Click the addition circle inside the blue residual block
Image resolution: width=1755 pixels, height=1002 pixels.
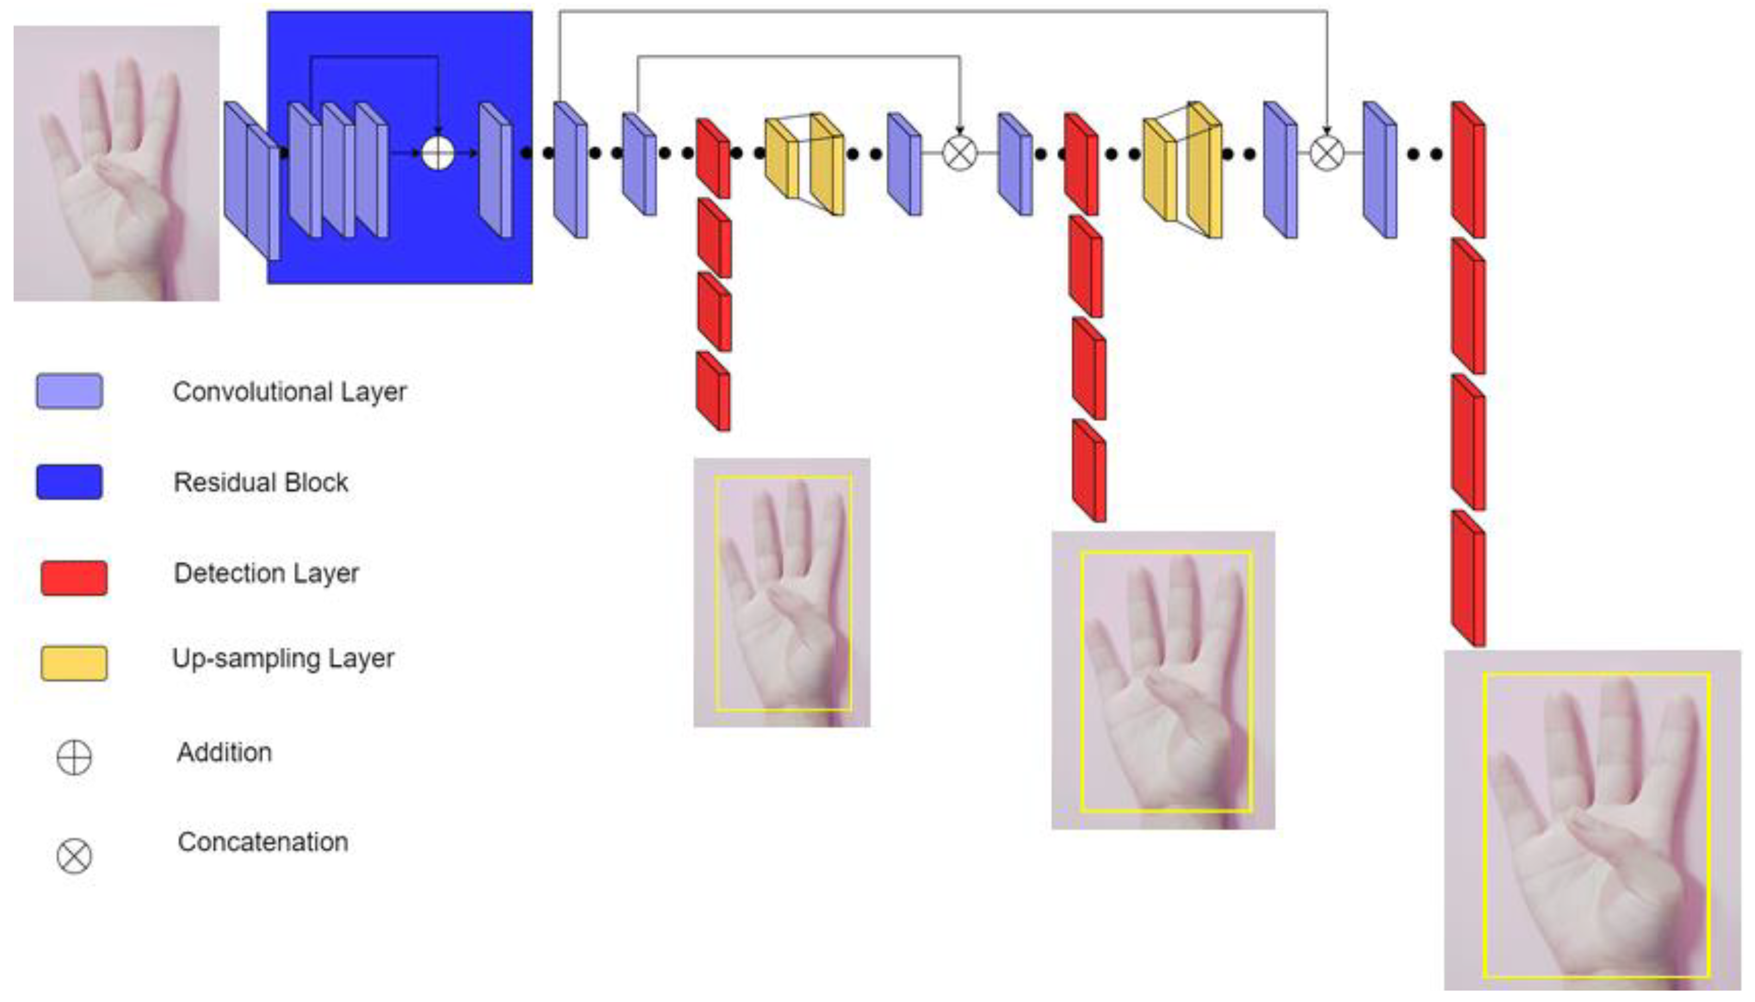click(437, 152)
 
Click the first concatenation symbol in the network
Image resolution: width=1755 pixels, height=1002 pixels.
click(959, 152)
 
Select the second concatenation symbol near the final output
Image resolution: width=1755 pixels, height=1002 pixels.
click(1326, 152)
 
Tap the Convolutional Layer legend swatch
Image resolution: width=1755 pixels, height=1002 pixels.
click(70, 391)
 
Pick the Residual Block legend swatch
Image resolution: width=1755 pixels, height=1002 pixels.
click(70, 482)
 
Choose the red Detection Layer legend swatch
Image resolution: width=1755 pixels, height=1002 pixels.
click(75, 577)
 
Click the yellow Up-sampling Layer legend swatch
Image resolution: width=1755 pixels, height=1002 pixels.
click(75, 663)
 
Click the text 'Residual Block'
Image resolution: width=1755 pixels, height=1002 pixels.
click(261, 482)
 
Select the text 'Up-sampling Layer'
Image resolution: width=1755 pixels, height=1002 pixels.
click(283, 658)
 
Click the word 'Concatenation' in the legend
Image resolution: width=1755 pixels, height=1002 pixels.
click(263, 842)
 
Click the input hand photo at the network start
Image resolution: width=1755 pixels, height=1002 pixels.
click(116, 163)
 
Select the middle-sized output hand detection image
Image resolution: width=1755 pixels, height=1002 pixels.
click(1163, 680)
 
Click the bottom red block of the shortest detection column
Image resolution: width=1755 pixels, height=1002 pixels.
click(713, 391)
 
